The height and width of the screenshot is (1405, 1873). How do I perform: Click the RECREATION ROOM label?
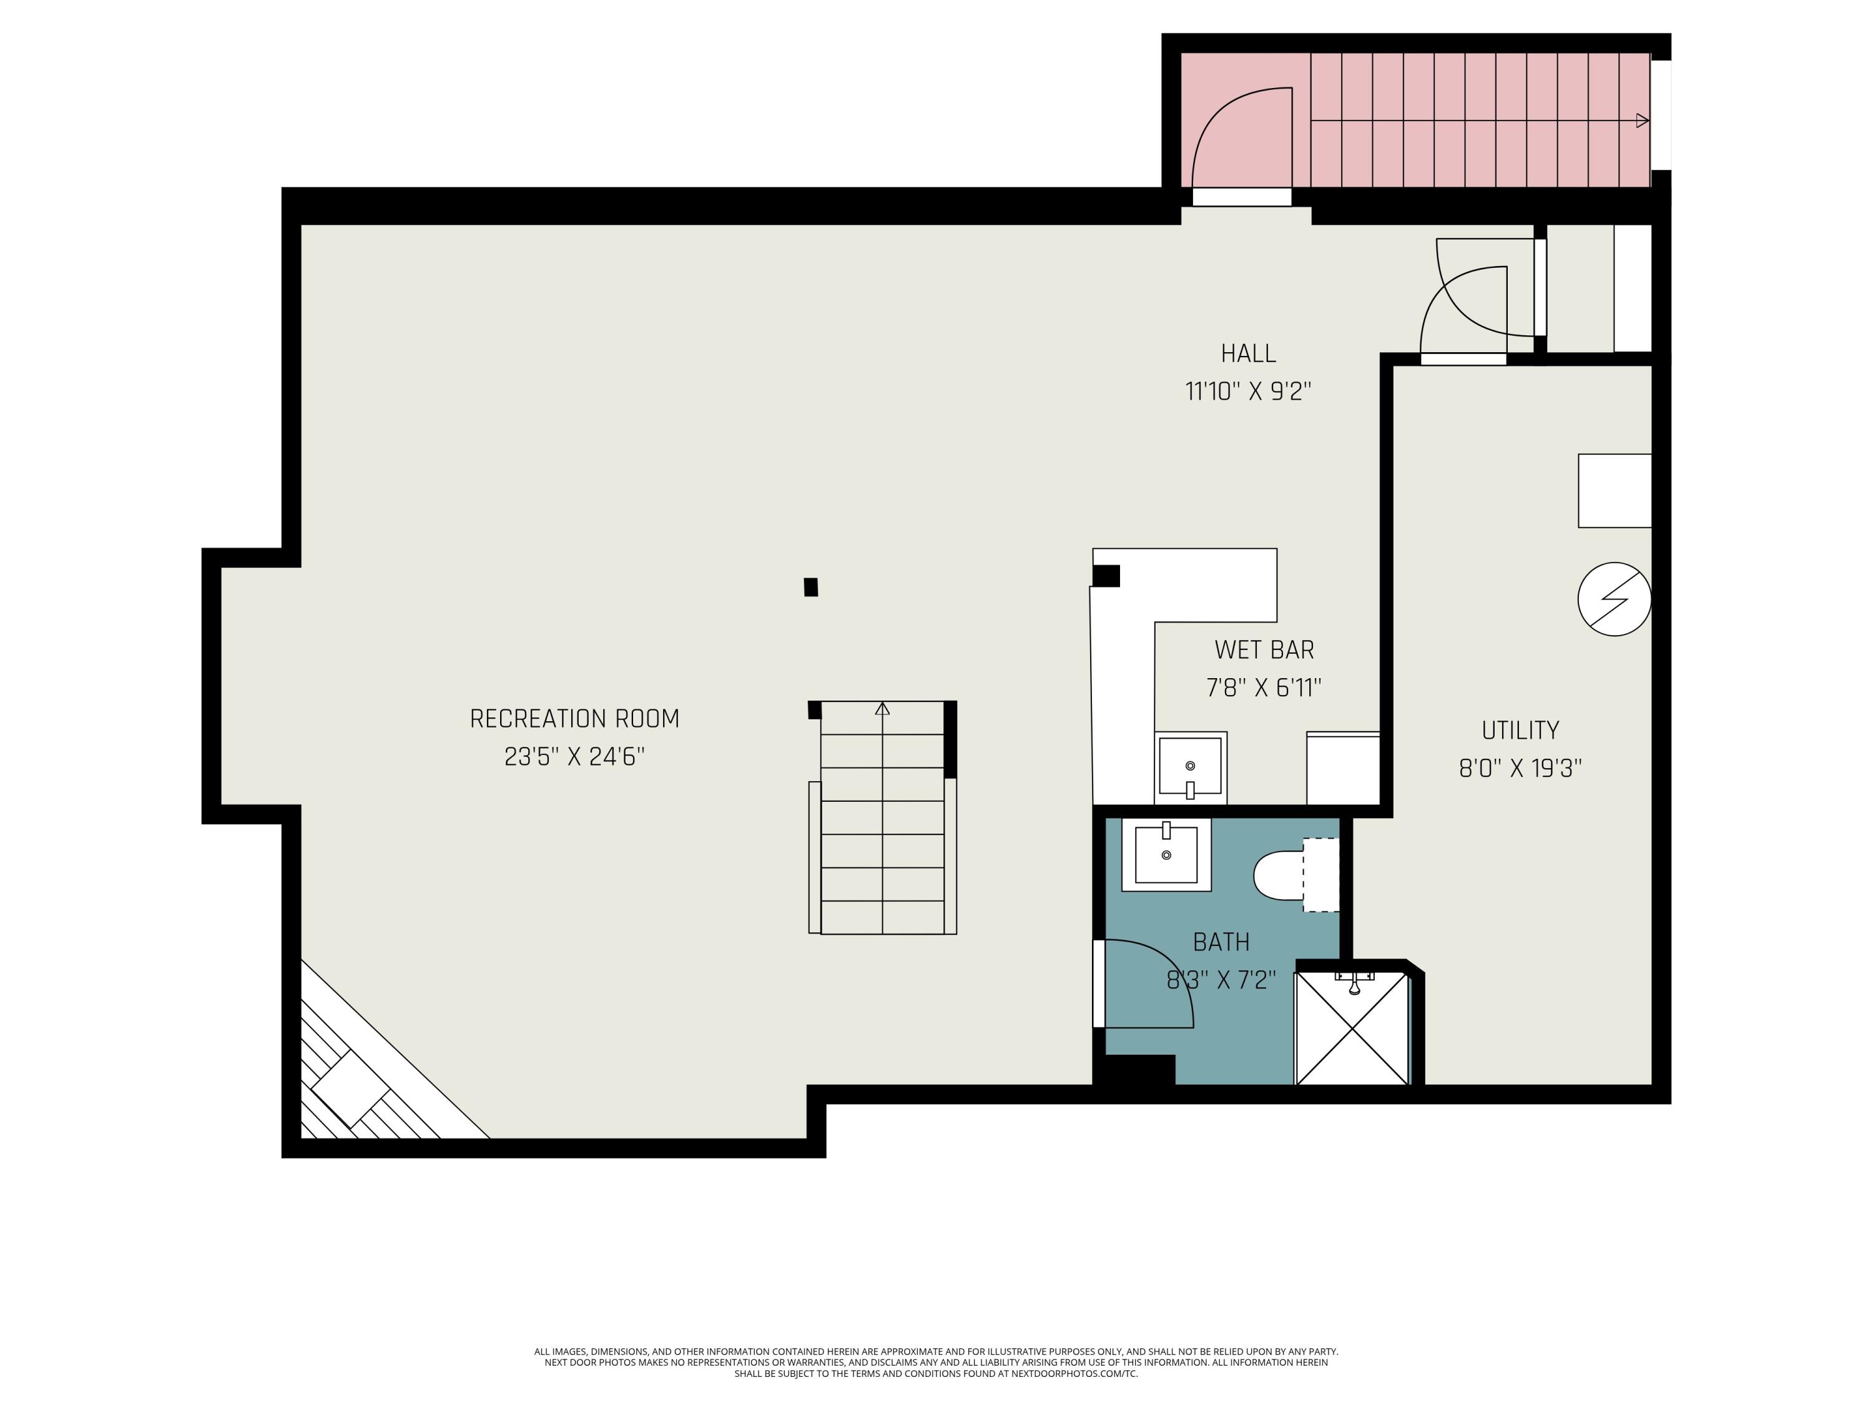(574, 719)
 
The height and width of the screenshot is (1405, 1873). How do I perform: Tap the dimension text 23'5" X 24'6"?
(574, 756)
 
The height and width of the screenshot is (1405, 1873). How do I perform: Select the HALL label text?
(1248, 353)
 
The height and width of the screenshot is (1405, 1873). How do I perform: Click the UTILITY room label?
(1520, 730)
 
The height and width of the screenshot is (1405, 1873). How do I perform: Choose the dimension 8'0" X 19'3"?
(1520, 768)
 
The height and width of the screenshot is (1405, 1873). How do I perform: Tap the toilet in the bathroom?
(1281, 875)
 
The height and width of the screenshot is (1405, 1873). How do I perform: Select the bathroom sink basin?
(1166, 855)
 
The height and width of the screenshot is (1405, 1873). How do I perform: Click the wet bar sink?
(1190, 766)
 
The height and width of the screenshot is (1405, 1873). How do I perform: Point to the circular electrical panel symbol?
(1614, 599)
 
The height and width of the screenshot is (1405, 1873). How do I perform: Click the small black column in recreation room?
(810, 587)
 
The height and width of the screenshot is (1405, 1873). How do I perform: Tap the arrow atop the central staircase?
(882, 709)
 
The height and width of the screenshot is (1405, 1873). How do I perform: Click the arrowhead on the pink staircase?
(1642, 121)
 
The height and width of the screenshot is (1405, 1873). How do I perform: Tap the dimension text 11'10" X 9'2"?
(1248, 392)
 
